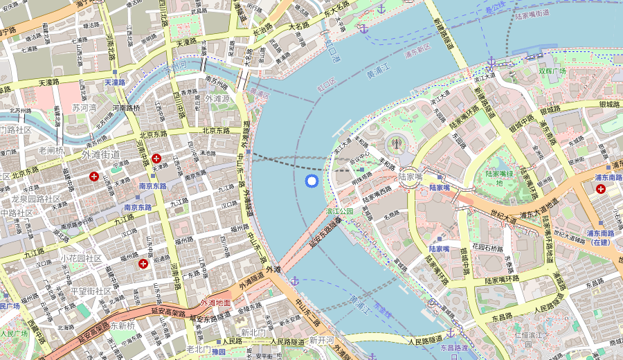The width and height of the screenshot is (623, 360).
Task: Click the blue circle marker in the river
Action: (311, 181)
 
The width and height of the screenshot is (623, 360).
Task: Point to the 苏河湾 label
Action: (85, 108)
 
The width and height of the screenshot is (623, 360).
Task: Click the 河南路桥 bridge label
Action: (126, 108)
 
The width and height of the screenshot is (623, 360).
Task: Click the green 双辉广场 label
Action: (552, 71)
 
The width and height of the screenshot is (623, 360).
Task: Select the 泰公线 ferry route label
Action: (496, 11)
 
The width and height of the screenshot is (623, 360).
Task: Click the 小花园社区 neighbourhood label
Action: (81, 258)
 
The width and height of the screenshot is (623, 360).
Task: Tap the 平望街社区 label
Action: (91, 291)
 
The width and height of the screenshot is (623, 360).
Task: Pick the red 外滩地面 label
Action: (215, 303)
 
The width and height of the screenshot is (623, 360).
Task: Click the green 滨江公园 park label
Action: (339, 211)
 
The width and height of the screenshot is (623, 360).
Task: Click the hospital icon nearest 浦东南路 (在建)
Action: (599, 188)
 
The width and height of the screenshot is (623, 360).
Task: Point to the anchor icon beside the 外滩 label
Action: (294, 280)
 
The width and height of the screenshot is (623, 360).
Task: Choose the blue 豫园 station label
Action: (219, 352)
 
